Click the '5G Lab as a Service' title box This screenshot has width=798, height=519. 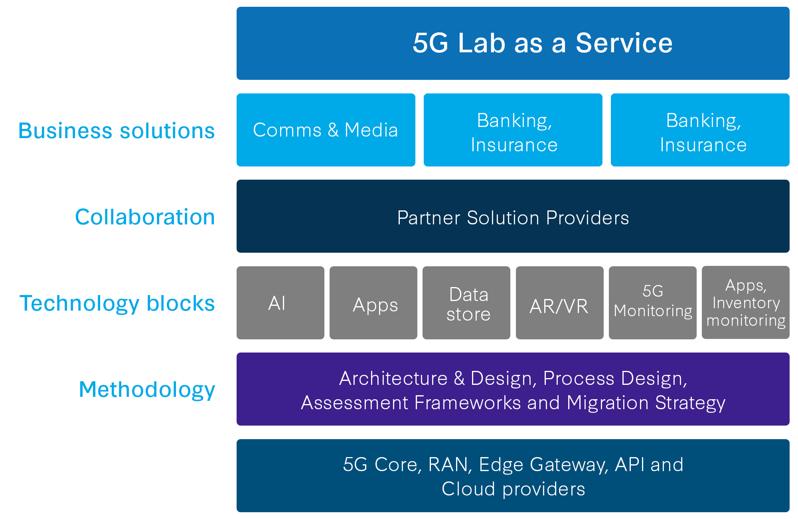pyautogui.click(x=513, y=43)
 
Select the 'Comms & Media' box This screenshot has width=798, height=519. pyautogui.click(x=326, y=130)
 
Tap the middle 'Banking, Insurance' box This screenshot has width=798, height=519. pyautogui.click(x=513, y=130)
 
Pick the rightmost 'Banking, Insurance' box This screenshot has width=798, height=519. pyautogui.click(x=700, y=130)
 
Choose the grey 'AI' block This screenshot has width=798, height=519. pyautogui.click(x=280, y=303)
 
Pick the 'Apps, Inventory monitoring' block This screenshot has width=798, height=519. pyautogui.click(x=746, y=303)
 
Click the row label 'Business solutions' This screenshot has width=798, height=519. pyautogui.click(x=117, y=131)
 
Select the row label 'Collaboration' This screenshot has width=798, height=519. pyautogui.click(x=145, y=217)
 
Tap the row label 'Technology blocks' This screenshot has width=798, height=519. pyautogui.click(x=117, y=303)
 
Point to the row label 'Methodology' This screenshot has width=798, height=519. pyautogui.click(x=147, y=390)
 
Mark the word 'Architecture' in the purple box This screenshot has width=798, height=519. pyautogui.click(x=393, y=378)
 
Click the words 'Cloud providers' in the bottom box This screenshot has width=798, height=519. pyautogui.click(x=513, y=489)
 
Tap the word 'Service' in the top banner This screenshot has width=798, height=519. pyautogui.click(x=624, y=43)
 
